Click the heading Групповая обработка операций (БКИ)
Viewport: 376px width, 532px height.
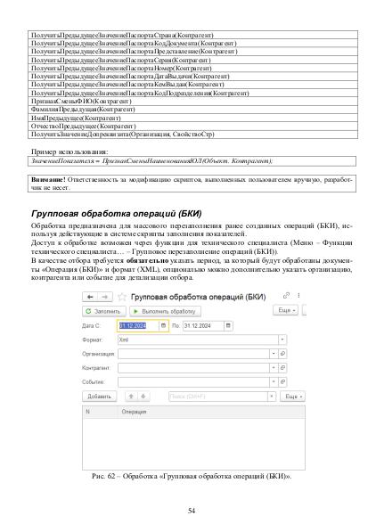point(116,216)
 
